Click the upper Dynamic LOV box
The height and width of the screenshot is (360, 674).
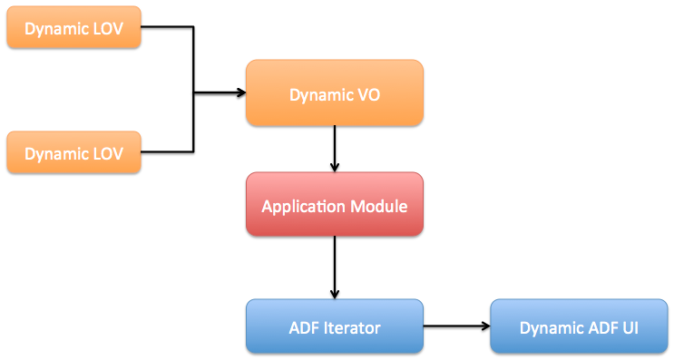(x=74, y=29)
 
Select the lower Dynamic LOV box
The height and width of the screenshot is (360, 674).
(x=74, y=152)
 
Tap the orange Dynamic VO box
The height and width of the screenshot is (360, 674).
(x=335, y=93)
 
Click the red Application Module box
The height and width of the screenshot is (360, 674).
(x=335, y=206)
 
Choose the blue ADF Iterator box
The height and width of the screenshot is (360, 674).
(x=335, y=326)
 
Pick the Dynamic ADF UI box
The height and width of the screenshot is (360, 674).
(x=579, y=326)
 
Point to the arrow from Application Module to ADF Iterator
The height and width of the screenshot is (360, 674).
(x=335, y=268)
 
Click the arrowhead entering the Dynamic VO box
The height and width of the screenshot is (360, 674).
(x=240, y=92)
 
